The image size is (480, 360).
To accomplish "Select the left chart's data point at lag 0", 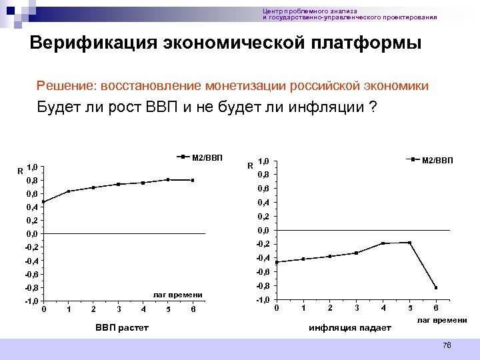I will [43, 201].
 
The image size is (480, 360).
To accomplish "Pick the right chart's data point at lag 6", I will [436, 287].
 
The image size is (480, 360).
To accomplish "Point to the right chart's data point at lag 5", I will [409, 243].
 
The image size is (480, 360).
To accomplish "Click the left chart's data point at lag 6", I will [193, 180].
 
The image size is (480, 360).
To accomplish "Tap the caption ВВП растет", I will [121, 327].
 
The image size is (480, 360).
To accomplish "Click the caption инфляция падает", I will [349, 327].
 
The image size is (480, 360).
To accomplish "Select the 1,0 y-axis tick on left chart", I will [32, 167].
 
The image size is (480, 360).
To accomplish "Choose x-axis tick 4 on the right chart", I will [383, 307].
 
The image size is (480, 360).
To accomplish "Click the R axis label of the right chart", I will [249, 165].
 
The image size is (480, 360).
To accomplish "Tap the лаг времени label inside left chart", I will [177, 294].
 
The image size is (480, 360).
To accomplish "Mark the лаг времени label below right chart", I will [442, 321].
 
